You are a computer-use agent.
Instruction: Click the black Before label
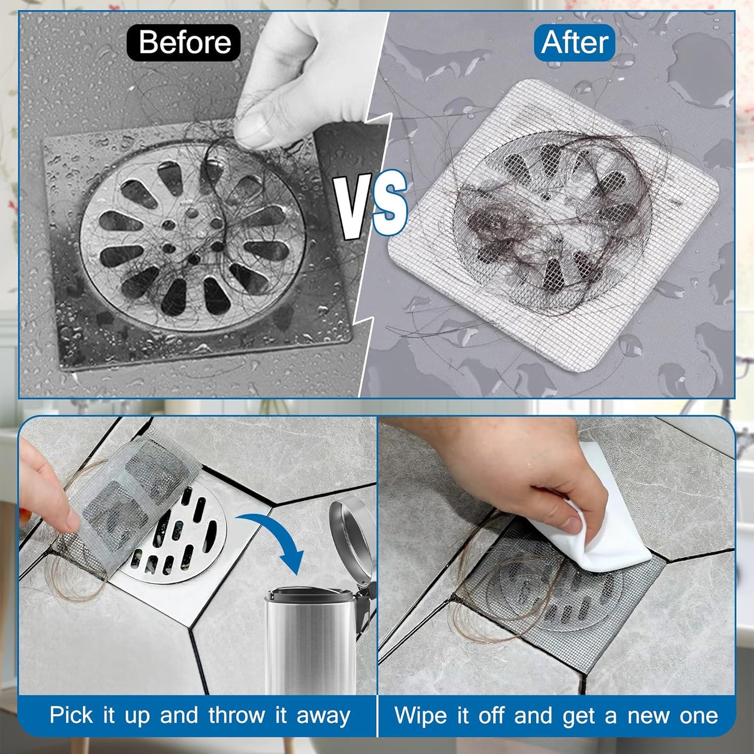click(184, 42)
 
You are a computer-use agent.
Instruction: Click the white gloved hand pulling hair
click(297, 78)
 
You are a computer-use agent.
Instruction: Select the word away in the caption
click(323, 715)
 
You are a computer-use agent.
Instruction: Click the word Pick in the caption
click(71, 715)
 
